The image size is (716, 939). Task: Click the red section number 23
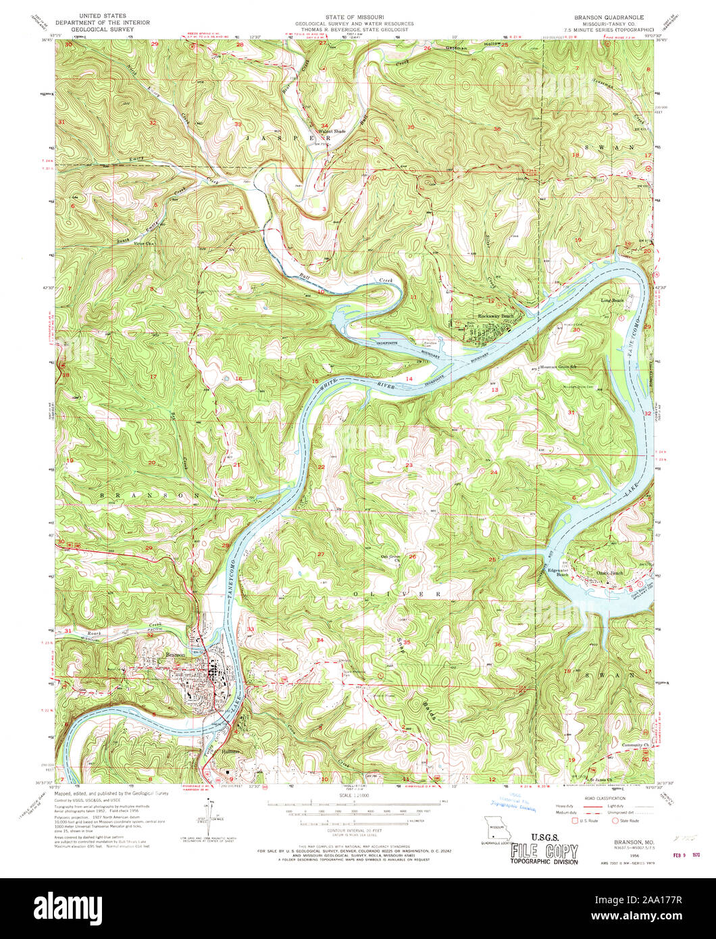[409, 465]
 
